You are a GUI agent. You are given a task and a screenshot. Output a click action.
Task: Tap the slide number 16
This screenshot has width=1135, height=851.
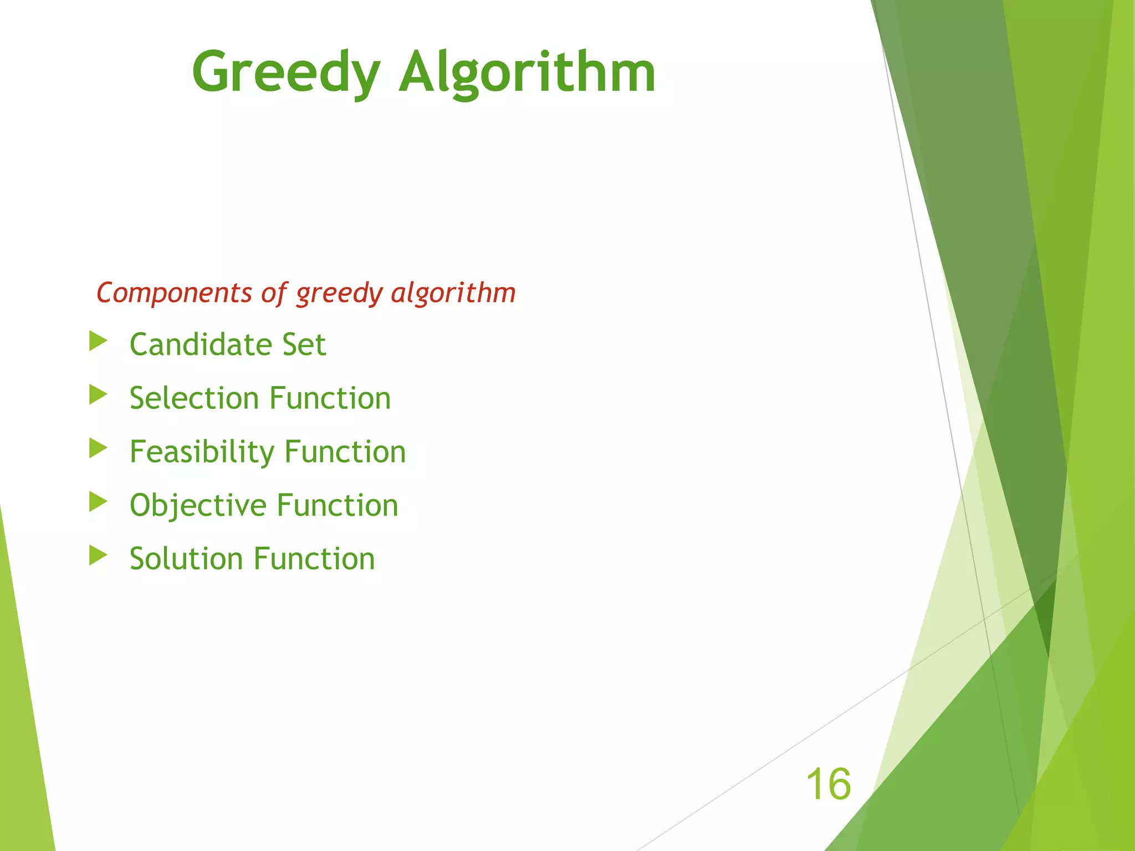coord(828,784)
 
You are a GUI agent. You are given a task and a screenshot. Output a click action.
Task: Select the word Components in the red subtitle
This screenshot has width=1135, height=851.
coord(174,293)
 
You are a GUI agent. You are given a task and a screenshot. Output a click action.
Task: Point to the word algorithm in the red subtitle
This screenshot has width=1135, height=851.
coord(453,293)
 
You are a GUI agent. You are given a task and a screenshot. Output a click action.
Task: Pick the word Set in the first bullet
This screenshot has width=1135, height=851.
coord(304,345)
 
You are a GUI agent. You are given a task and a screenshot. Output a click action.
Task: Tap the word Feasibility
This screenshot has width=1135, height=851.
coord(202,452)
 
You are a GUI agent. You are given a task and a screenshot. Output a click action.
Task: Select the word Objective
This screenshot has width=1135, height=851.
coord(198,505)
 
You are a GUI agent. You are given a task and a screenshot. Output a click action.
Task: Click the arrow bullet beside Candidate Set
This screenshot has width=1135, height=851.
coord(98,341)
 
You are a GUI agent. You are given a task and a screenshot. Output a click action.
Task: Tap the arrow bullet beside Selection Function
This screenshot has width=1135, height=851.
coord(98,395)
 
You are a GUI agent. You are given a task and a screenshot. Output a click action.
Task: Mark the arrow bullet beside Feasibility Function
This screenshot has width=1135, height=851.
coord(98,448)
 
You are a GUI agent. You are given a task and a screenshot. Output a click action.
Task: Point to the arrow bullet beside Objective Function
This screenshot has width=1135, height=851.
coord(98,502)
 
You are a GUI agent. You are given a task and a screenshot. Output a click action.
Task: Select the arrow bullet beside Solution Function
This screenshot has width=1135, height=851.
coord(98,555)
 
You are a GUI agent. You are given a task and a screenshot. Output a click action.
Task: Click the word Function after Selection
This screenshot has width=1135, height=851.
coord(330,398)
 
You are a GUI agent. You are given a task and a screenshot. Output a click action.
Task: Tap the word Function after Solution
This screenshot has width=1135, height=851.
coord(315,558)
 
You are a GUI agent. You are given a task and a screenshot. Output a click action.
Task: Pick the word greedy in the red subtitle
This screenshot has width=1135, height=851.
coord(339,294)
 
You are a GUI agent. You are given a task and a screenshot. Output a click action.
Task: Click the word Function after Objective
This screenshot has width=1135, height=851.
coord(338,505)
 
